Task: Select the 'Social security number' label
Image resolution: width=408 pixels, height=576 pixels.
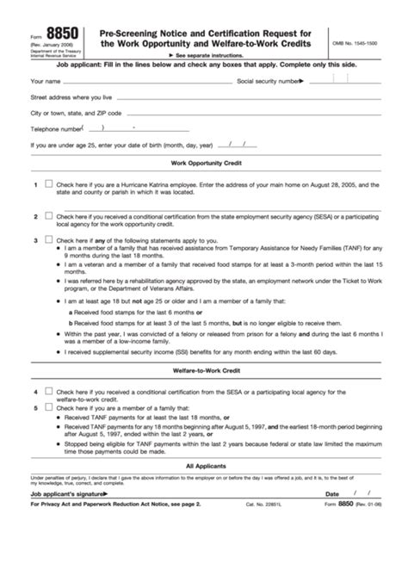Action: coord(269,82)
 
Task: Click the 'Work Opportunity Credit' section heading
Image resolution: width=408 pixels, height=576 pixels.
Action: coord(205,163)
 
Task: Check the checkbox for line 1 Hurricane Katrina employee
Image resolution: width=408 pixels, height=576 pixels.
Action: coord(48,183)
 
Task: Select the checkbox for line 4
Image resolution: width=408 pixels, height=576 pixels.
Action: coord(48,390)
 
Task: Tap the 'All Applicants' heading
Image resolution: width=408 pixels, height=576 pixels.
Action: coord(205,466)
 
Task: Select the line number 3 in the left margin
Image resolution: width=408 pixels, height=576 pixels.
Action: coord(35,239)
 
